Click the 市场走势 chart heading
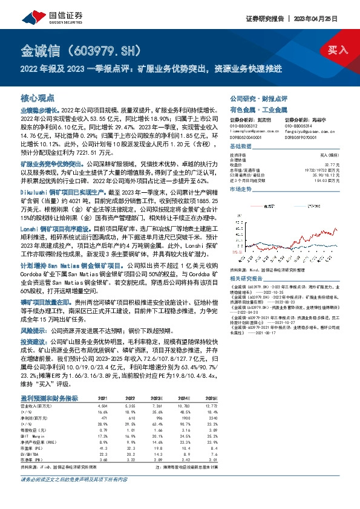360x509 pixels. tap(241, 189)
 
